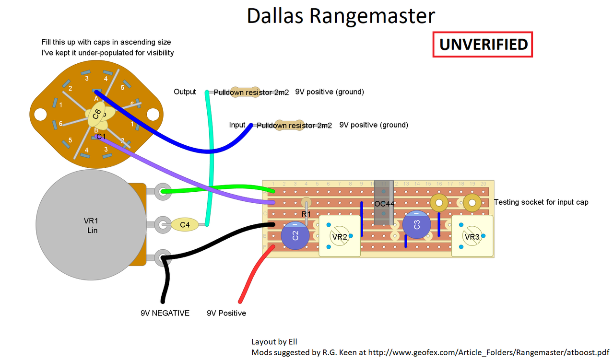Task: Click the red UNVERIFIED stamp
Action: [x=483, y=45]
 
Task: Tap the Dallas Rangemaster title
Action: [x=341, y=15]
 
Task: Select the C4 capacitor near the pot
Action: [x=185, y=224]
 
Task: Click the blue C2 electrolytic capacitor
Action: [x=295, y=235]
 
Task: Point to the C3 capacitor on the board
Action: [x=416, y=224]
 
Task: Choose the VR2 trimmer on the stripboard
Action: [x=340, y=236]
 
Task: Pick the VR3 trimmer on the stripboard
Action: [x=472, y=236]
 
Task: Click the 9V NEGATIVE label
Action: [x=165, y=313]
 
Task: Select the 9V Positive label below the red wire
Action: [x=226, y=313]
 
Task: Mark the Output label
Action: [x=185, y=92]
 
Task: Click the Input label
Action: [x=237, y=125]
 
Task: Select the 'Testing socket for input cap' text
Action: [x=541, y=202]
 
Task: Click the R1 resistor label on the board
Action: [x=307, y=214]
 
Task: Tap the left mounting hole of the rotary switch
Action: [x=40, y=114]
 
